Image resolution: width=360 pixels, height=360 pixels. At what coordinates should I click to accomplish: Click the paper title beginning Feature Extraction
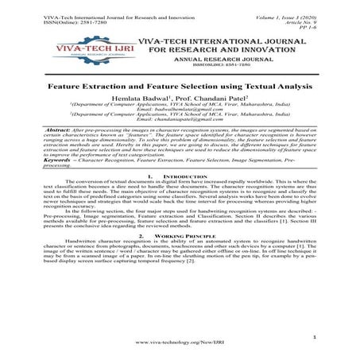tap(180, 83)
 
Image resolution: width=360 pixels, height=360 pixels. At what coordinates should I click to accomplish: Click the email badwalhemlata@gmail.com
tap(180, 109)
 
